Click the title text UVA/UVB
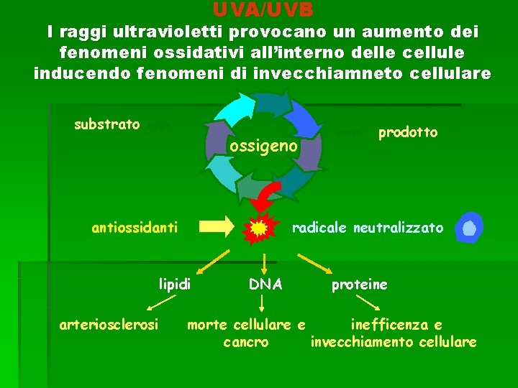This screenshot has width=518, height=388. pyautogui.click(x=263, y=9)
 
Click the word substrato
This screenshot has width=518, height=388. pyautogui.click(x=107, y=124)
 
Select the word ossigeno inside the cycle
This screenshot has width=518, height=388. pyautogui.click(x=263, y=146)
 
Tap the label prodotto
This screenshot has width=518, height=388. pyautogui.click(x=408, y=132)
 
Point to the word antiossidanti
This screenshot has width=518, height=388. pyautogui.click(x=135, y=228)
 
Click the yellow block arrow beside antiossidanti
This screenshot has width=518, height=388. pyautogui.click(x=216, y=227)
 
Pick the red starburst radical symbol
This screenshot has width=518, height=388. pyautogui.click(x=258, y=228)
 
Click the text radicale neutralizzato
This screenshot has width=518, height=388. pyautogui.click(x=367, y=228)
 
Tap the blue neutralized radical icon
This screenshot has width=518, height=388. pyautogui.click(x=469, y=228)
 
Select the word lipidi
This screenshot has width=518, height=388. pyautogui.click(x=175, y=285)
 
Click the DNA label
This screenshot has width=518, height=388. pyautogui.click(x=265, y=285)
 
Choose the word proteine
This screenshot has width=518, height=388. pyautogui.click(x=359, y=285)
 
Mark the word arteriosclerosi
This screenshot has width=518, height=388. pyautogui.click(x=109, y=325)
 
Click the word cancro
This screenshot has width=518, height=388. pyautogui.click(x=246, y=342)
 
